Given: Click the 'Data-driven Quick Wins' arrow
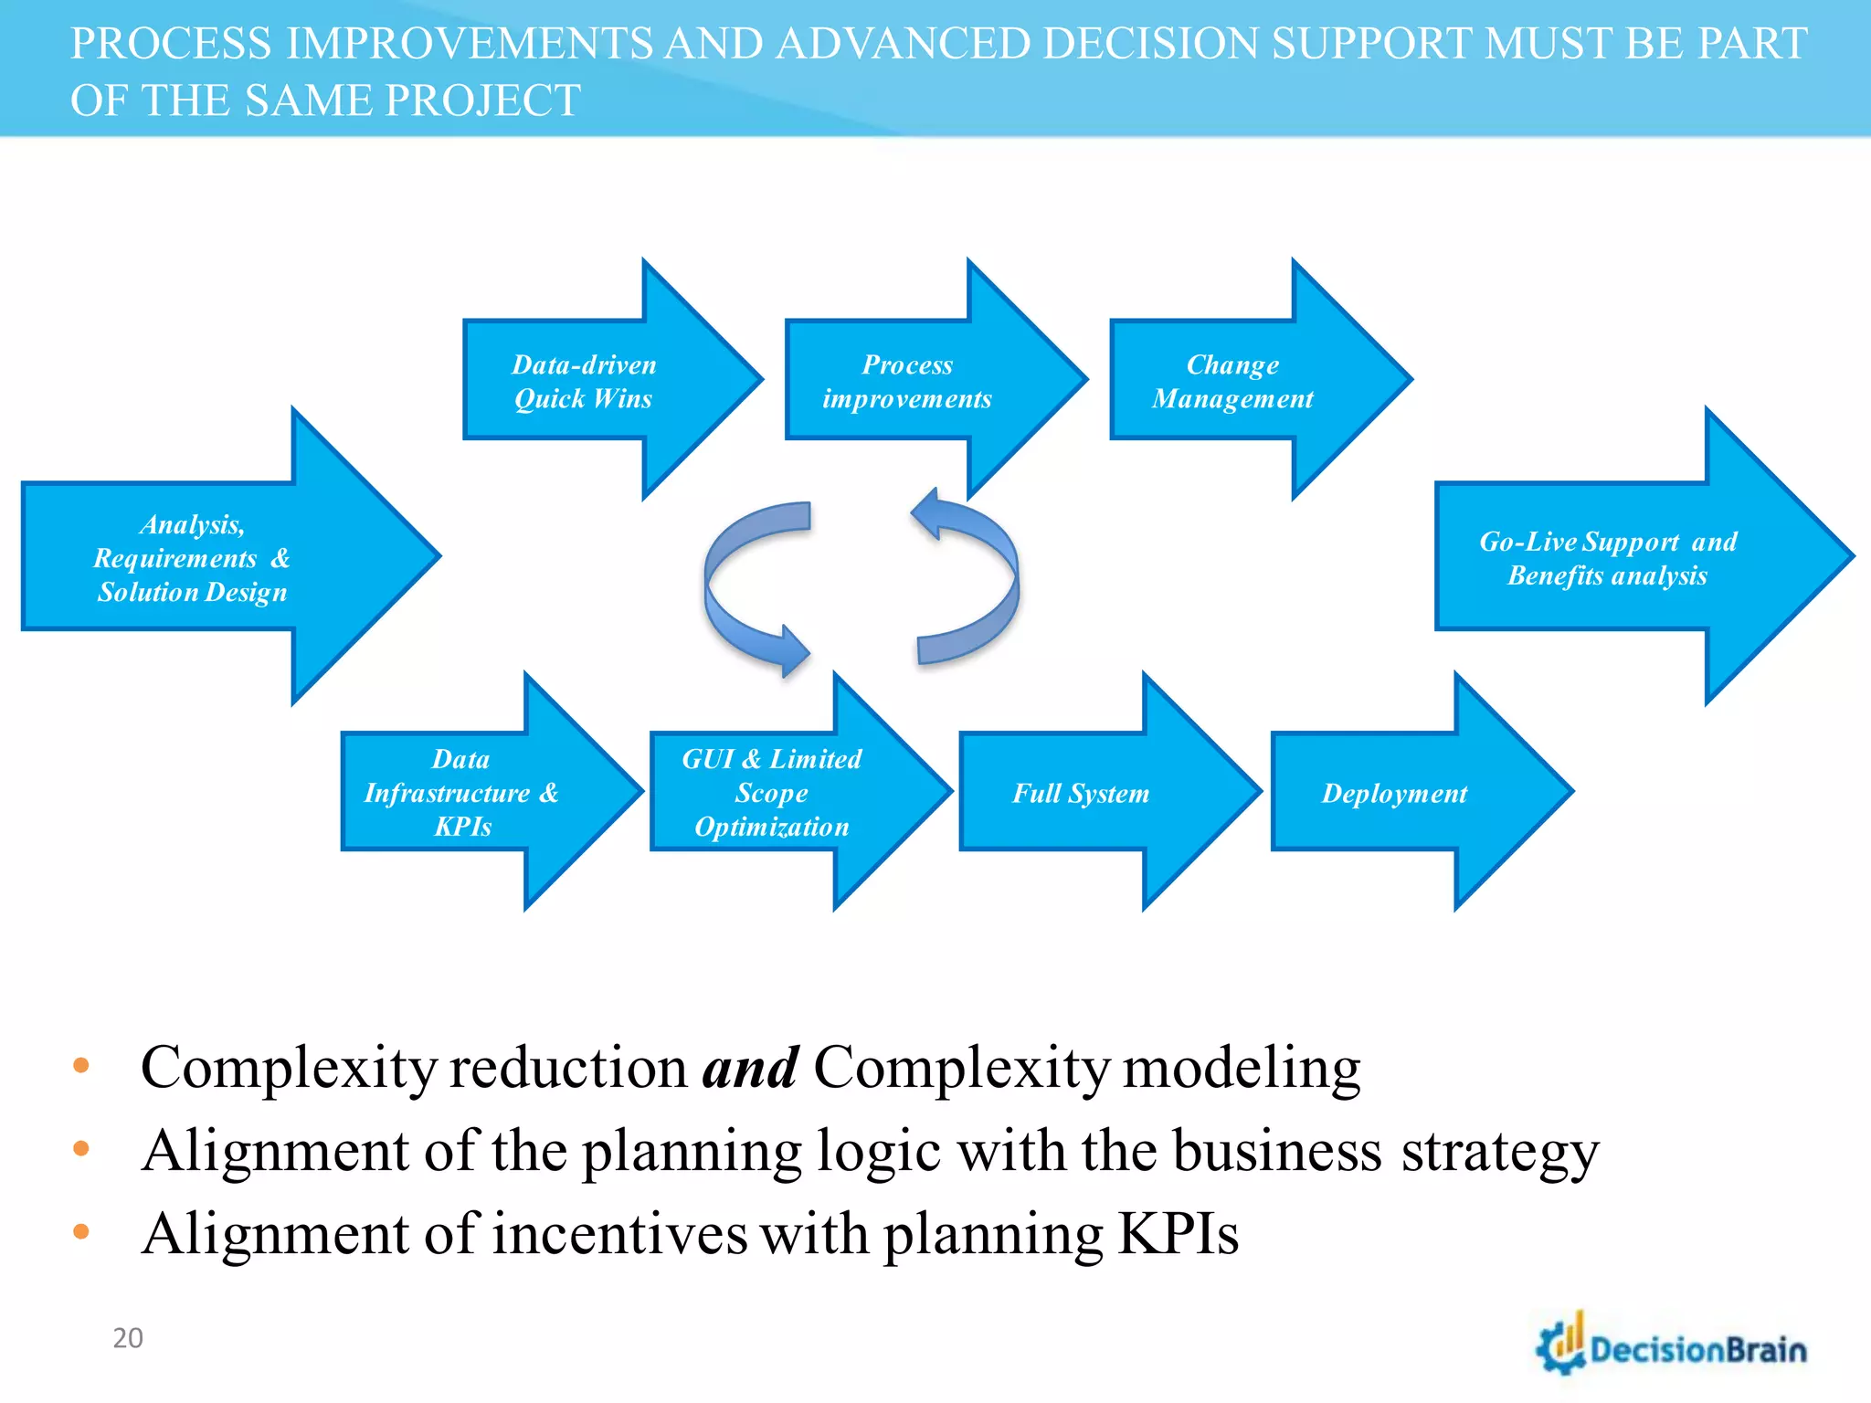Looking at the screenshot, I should tap(585, 381).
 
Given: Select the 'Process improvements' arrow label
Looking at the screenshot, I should tap(907, 382).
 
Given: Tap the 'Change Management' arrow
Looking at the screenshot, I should tap(1232, 382).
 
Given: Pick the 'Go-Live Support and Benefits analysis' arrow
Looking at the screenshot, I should tap(1608, 558).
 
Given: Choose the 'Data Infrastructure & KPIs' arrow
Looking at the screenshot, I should tap(462, 793).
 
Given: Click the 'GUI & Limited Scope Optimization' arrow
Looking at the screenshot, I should tap(772, 793).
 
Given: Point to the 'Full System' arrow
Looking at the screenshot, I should tap(1081, 793).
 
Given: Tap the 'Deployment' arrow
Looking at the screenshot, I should tap(1394, 793).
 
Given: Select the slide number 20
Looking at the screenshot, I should tap(128, 1338).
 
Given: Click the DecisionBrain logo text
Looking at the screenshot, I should tap(1698, 1350).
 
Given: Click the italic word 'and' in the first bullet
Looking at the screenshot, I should tap(750, 1067).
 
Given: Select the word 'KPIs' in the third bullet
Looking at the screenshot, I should tap(1178, 1234).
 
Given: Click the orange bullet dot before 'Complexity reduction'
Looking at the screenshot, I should tap(81, 1065).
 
